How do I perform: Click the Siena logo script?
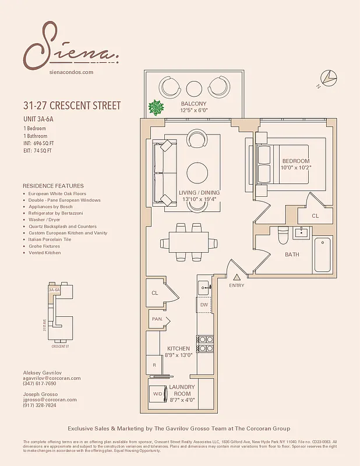70,45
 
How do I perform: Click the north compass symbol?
328,79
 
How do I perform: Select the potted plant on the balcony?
156,108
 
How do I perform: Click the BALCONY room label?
194,104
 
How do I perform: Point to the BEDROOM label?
295,161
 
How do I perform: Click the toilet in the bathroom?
282,236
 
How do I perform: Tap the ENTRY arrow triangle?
237,276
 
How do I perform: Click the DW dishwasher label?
204,304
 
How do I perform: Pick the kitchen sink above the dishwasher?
203,287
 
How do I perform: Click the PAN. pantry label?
157,319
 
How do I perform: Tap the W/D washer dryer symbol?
157,393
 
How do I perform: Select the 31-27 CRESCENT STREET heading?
72,105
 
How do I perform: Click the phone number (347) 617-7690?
40,384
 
